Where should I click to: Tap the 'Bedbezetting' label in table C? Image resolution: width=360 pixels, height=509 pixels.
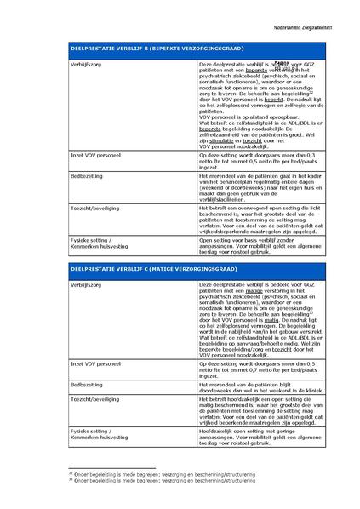[x=88, y=385]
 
